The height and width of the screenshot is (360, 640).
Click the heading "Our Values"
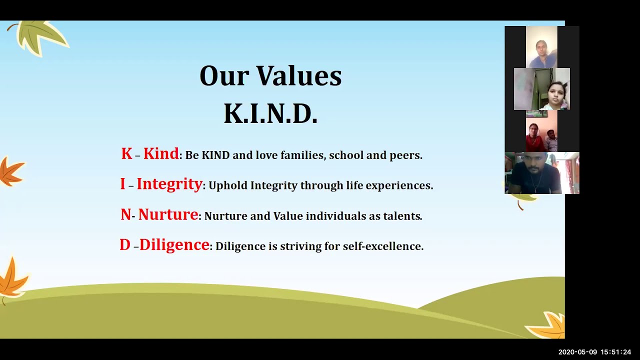270,75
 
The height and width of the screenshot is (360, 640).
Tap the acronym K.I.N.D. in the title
270,113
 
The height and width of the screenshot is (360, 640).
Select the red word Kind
161,153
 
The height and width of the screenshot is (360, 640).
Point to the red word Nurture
168,214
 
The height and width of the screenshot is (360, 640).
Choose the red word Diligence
174,245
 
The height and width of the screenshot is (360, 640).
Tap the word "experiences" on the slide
399,185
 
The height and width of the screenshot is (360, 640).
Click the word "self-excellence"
383,246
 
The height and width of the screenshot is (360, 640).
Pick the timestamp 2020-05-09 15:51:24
594,352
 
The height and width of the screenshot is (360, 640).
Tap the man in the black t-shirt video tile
542,173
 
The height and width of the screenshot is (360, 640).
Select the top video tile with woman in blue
541,47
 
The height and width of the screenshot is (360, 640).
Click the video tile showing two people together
541,131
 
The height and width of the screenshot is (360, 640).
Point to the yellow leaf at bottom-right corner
547,325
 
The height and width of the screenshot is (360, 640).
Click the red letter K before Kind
126,153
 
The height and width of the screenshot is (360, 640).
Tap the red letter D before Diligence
125,245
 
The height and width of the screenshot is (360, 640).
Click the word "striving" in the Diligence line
300,246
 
